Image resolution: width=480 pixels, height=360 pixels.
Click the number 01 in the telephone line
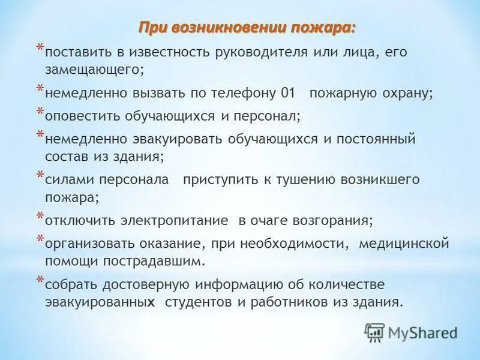(x=288, y=94)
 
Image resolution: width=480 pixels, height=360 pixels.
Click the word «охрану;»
(x=407, y=94)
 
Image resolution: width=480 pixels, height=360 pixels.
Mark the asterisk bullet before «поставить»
(x=40, y=47)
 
